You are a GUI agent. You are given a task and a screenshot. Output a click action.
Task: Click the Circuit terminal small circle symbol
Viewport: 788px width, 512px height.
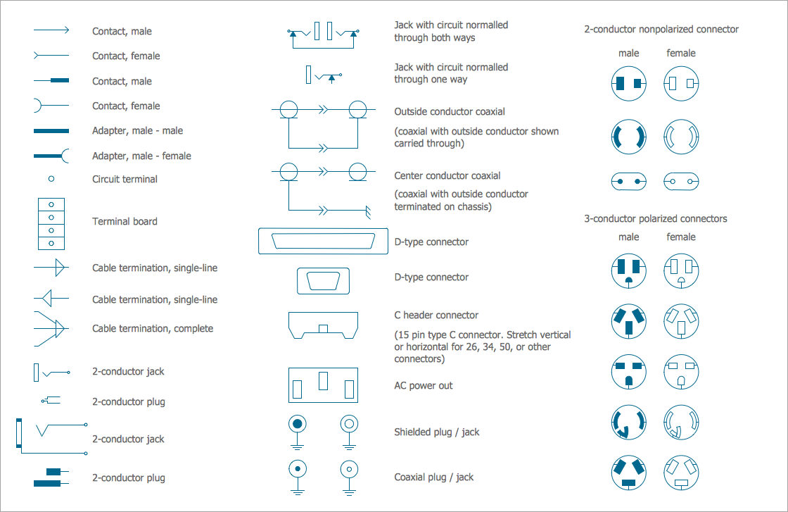[x=51, y=180]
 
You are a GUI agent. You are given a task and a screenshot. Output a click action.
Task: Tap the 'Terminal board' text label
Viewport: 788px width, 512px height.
[x=125, y=221]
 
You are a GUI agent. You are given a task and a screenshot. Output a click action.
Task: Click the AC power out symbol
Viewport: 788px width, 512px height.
[x=323, y=384]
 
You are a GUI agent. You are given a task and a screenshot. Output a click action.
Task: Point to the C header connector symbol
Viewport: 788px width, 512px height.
[x=323, y=325]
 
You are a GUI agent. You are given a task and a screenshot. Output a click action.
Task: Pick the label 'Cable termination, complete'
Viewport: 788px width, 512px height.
[x=153, y=328]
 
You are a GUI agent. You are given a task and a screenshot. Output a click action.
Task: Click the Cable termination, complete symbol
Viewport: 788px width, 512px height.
[x=51, y=328]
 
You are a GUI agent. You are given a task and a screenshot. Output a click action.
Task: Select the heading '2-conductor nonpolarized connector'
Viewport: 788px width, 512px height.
[x=661, y=29]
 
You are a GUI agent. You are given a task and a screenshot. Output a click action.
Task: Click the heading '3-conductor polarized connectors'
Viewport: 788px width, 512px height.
[x=656, y=218]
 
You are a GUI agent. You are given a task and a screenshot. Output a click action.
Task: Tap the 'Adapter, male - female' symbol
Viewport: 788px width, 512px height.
[x=51, y=156]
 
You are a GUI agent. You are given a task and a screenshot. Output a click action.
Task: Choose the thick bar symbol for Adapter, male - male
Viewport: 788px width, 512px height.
[x=51, y=131]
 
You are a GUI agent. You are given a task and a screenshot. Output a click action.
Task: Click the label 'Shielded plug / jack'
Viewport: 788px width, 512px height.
[x=436, y=432]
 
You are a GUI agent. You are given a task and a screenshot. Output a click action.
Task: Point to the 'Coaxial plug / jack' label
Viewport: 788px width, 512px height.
[x=433, y=477]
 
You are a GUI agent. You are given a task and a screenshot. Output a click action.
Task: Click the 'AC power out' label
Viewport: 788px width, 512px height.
[x=423, y=385]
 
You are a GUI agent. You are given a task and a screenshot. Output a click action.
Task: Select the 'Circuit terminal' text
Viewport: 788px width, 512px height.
[x=125, y=179]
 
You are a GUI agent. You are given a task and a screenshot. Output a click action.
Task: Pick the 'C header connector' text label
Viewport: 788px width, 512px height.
[x=436, y=315]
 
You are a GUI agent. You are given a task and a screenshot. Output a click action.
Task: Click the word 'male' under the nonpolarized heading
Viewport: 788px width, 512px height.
[x=628, y=53]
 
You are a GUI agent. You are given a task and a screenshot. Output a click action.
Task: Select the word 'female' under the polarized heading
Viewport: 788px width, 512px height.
[x=680, y=237]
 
